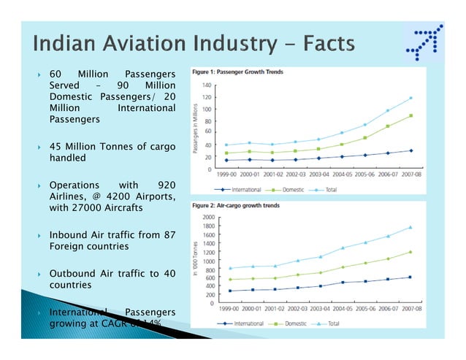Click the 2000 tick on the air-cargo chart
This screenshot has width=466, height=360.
[x=209, y=218]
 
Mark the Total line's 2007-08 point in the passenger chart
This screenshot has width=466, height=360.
[x=410, y=98]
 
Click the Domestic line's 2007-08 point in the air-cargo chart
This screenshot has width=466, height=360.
[x=410, y=252]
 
